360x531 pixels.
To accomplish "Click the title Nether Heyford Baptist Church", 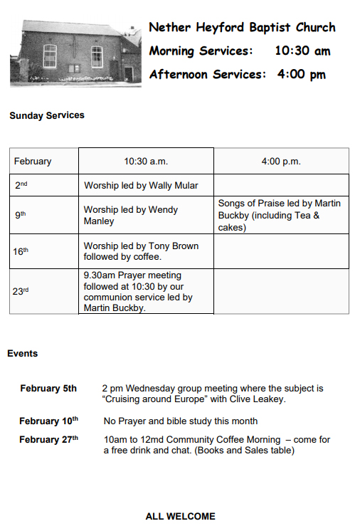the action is tap(242, 28).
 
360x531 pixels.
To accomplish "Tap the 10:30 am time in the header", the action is tap(302, 51).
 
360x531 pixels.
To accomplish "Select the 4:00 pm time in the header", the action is tap(301, 74).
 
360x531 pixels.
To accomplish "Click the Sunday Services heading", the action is tap(47, 115).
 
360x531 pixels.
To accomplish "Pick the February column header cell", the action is tap(33, 162).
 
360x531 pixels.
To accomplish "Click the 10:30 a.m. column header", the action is tap(146, 162).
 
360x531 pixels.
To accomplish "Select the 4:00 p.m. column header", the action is tap(281, 162).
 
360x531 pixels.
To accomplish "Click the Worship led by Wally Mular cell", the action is tap(141, 186).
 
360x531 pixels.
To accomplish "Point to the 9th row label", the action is tap(21, 215).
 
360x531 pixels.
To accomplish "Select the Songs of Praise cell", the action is tap(280, 215).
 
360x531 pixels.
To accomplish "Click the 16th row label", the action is tap(21, 251).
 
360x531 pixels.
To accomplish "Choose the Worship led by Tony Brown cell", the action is tap(141, 251).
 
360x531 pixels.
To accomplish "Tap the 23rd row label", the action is tap(22, 290).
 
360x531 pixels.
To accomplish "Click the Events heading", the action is tap(23, 354).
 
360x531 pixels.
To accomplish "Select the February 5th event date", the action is tap(48, 389).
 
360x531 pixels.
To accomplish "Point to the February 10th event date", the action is tap(48, 421).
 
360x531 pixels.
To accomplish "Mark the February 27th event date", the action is tap(48, 439).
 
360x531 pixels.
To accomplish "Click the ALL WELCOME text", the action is tap(180, 516).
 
